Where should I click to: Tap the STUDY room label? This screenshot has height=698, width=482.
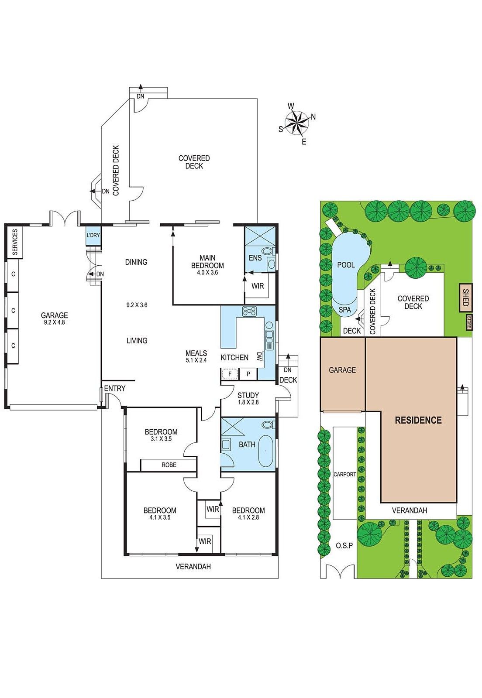(248, 395)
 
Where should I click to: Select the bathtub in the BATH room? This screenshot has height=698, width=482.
(266, 451)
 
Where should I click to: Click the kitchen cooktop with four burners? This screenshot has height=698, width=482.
(249, 311)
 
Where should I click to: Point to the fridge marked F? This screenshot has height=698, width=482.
(230, 373)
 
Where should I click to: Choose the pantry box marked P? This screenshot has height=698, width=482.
(248, 373)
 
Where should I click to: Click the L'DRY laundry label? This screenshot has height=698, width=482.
(93, 236)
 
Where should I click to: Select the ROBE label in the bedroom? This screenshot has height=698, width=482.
(169, 465)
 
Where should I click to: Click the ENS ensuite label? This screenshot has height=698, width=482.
(255, 258)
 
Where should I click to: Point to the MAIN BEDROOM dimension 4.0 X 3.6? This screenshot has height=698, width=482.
(207, 272)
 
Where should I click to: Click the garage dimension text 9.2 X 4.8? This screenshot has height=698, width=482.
(54, 322)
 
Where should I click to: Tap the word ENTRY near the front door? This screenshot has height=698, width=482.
(115, 388)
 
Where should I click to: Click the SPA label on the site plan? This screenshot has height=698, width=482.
(345, 310)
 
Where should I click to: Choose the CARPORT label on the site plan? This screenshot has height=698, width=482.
(344, 475)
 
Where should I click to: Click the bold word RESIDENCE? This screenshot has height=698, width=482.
(418, 421)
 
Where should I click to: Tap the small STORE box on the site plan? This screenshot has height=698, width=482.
(468, 322)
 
